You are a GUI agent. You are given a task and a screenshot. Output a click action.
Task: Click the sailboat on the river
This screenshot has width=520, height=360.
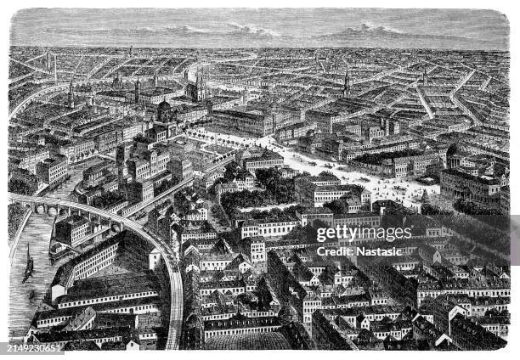[x=28, y=268]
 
